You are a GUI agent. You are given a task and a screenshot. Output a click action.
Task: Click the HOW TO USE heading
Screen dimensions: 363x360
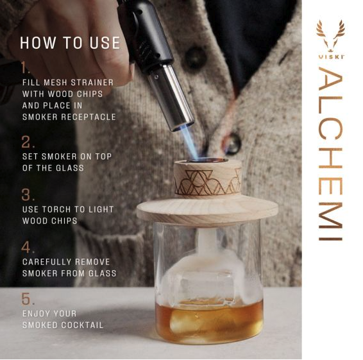(70, 43)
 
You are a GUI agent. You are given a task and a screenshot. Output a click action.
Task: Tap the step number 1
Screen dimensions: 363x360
(26, 67)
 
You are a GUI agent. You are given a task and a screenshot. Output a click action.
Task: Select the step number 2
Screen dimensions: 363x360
(28, 142)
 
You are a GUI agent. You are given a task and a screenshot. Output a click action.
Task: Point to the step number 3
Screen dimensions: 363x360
(28, 194)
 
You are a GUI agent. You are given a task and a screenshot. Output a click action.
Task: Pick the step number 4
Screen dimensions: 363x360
(28, 247)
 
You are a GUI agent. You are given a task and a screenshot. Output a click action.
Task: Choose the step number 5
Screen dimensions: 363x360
(28, 299)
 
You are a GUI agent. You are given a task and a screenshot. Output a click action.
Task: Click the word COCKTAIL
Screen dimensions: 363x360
(82, 325)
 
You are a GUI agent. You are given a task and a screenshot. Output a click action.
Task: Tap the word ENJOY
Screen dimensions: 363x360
(36, 314)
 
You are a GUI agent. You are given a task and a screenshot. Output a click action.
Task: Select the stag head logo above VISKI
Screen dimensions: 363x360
(330, 36)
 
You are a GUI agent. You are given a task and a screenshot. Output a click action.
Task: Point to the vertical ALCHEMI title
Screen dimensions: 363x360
(330, 154)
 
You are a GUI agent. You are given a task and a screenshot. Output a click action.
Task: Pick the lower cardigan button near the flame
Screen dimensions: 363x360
(232, 144)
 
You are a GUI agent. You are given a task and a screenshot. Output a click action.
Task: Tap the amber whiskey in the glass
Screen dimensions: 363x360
(209, 321)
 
